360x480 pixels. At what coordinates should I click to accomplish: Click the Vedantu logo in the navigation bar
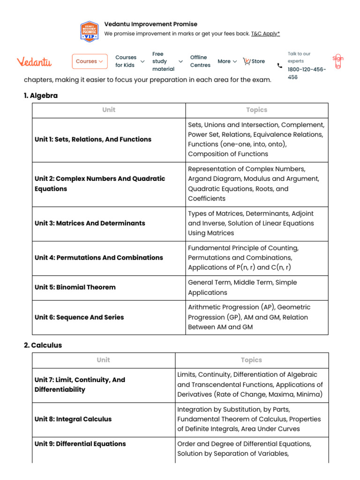click(x=34, y=61)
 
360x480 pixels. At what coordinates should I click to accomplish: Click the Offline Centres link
click(x=200, y=61)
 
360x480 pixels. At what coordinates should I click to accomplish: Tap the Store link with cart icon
click(x=254, y=61)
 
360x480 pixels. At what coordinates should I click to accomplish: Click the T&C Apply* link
click(x=265, y=34)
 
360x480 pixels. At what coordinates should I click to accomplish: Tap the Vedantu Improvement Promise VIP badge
click(x=90, y=31)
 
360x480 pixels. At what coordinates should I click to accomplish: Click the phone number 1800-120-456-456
click(x=307, y=73)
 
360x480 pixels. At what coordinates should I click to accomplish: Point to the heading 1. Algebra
click(x=41, y=96)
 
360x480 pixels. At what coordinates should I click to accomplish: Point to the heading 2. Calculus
click(x=43, y=345)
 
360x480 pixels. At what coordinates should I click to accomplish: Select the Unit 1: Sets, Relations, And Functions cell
click(x=93, y=139)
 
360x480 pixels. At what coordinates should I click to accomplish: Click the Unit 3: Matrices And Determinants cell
click(x=90, y=223)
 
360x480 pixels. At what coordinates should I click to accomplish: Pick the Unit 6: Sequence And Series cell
click(x=79, y=317)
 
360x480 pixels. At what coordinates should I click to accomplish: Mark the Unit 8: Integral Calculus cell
click(x=73, y=419)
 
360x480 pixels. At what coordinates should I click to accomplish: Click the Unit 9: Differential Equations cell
click(x=80, y=443)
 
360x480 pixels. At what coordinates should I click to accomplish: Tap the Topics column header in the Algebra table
click(x=256, y=110)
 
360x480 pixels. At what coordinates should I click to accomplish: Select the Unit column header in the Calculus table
click(x=103, y=360)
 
